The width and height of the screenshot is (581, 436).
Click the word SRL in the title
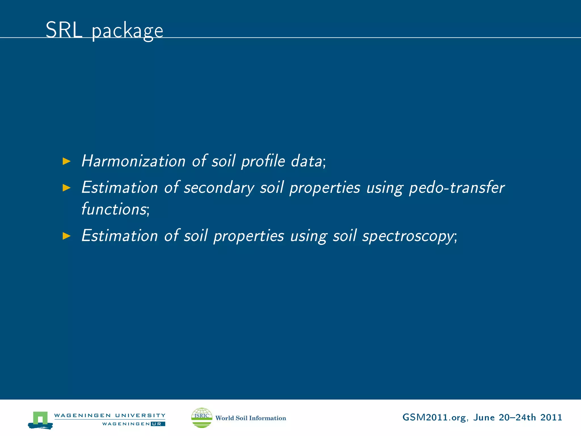64,30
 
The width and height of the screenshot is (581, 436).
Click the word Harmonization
133,161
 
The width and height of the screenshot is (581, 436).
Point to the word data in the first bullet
307,161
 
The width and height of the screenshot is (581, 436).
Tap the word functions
114,209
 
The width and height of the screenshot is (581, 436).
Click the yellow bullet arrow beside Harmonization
66,161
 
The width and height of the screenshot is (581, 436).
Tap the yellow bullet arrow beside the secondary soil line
66,188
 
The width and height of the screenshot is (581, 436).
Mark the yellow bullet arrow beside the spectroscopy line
66,236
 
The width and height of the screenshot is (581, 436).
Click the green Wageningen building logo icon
40,420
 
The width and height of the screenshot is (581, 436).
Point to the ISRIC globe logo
202,418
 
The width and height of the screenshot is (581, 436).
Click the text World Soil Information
251,418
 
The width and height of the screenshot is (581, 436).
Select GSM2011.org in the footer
434,418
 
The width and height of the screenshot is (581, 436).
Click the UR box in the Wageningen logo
158,424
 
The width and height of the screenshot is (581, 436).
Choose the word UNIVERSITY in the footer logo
140,415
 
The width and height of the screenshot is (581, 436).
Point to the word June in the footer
484,417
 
